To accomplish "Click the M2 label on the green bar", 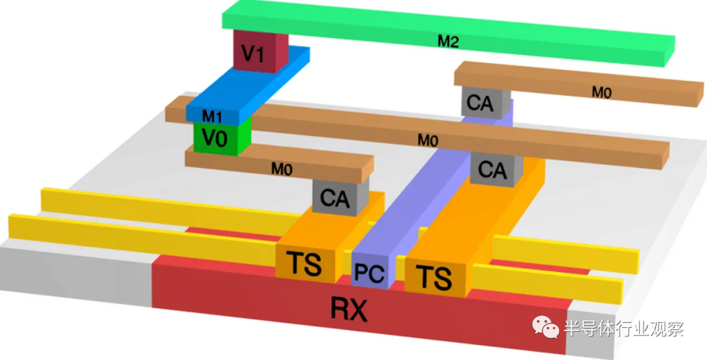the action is tap(448, 42).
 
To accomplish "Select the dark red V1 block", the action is tap(260, 50).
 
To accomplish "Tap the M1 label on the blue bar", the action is tap(211, 117).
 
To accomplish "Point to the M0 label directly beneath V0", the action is tap(281, 169).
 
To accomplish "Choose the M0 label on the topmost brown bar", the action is tap(602, 93).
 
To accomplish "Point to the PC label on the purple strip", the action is tap(369, 272).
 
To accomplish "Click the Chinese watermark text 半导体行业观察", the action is tap(624, 329).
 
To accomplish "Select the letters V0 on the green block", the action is tap(213, 138).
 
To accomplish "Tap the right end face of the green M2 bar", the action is tap(670, 51).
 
